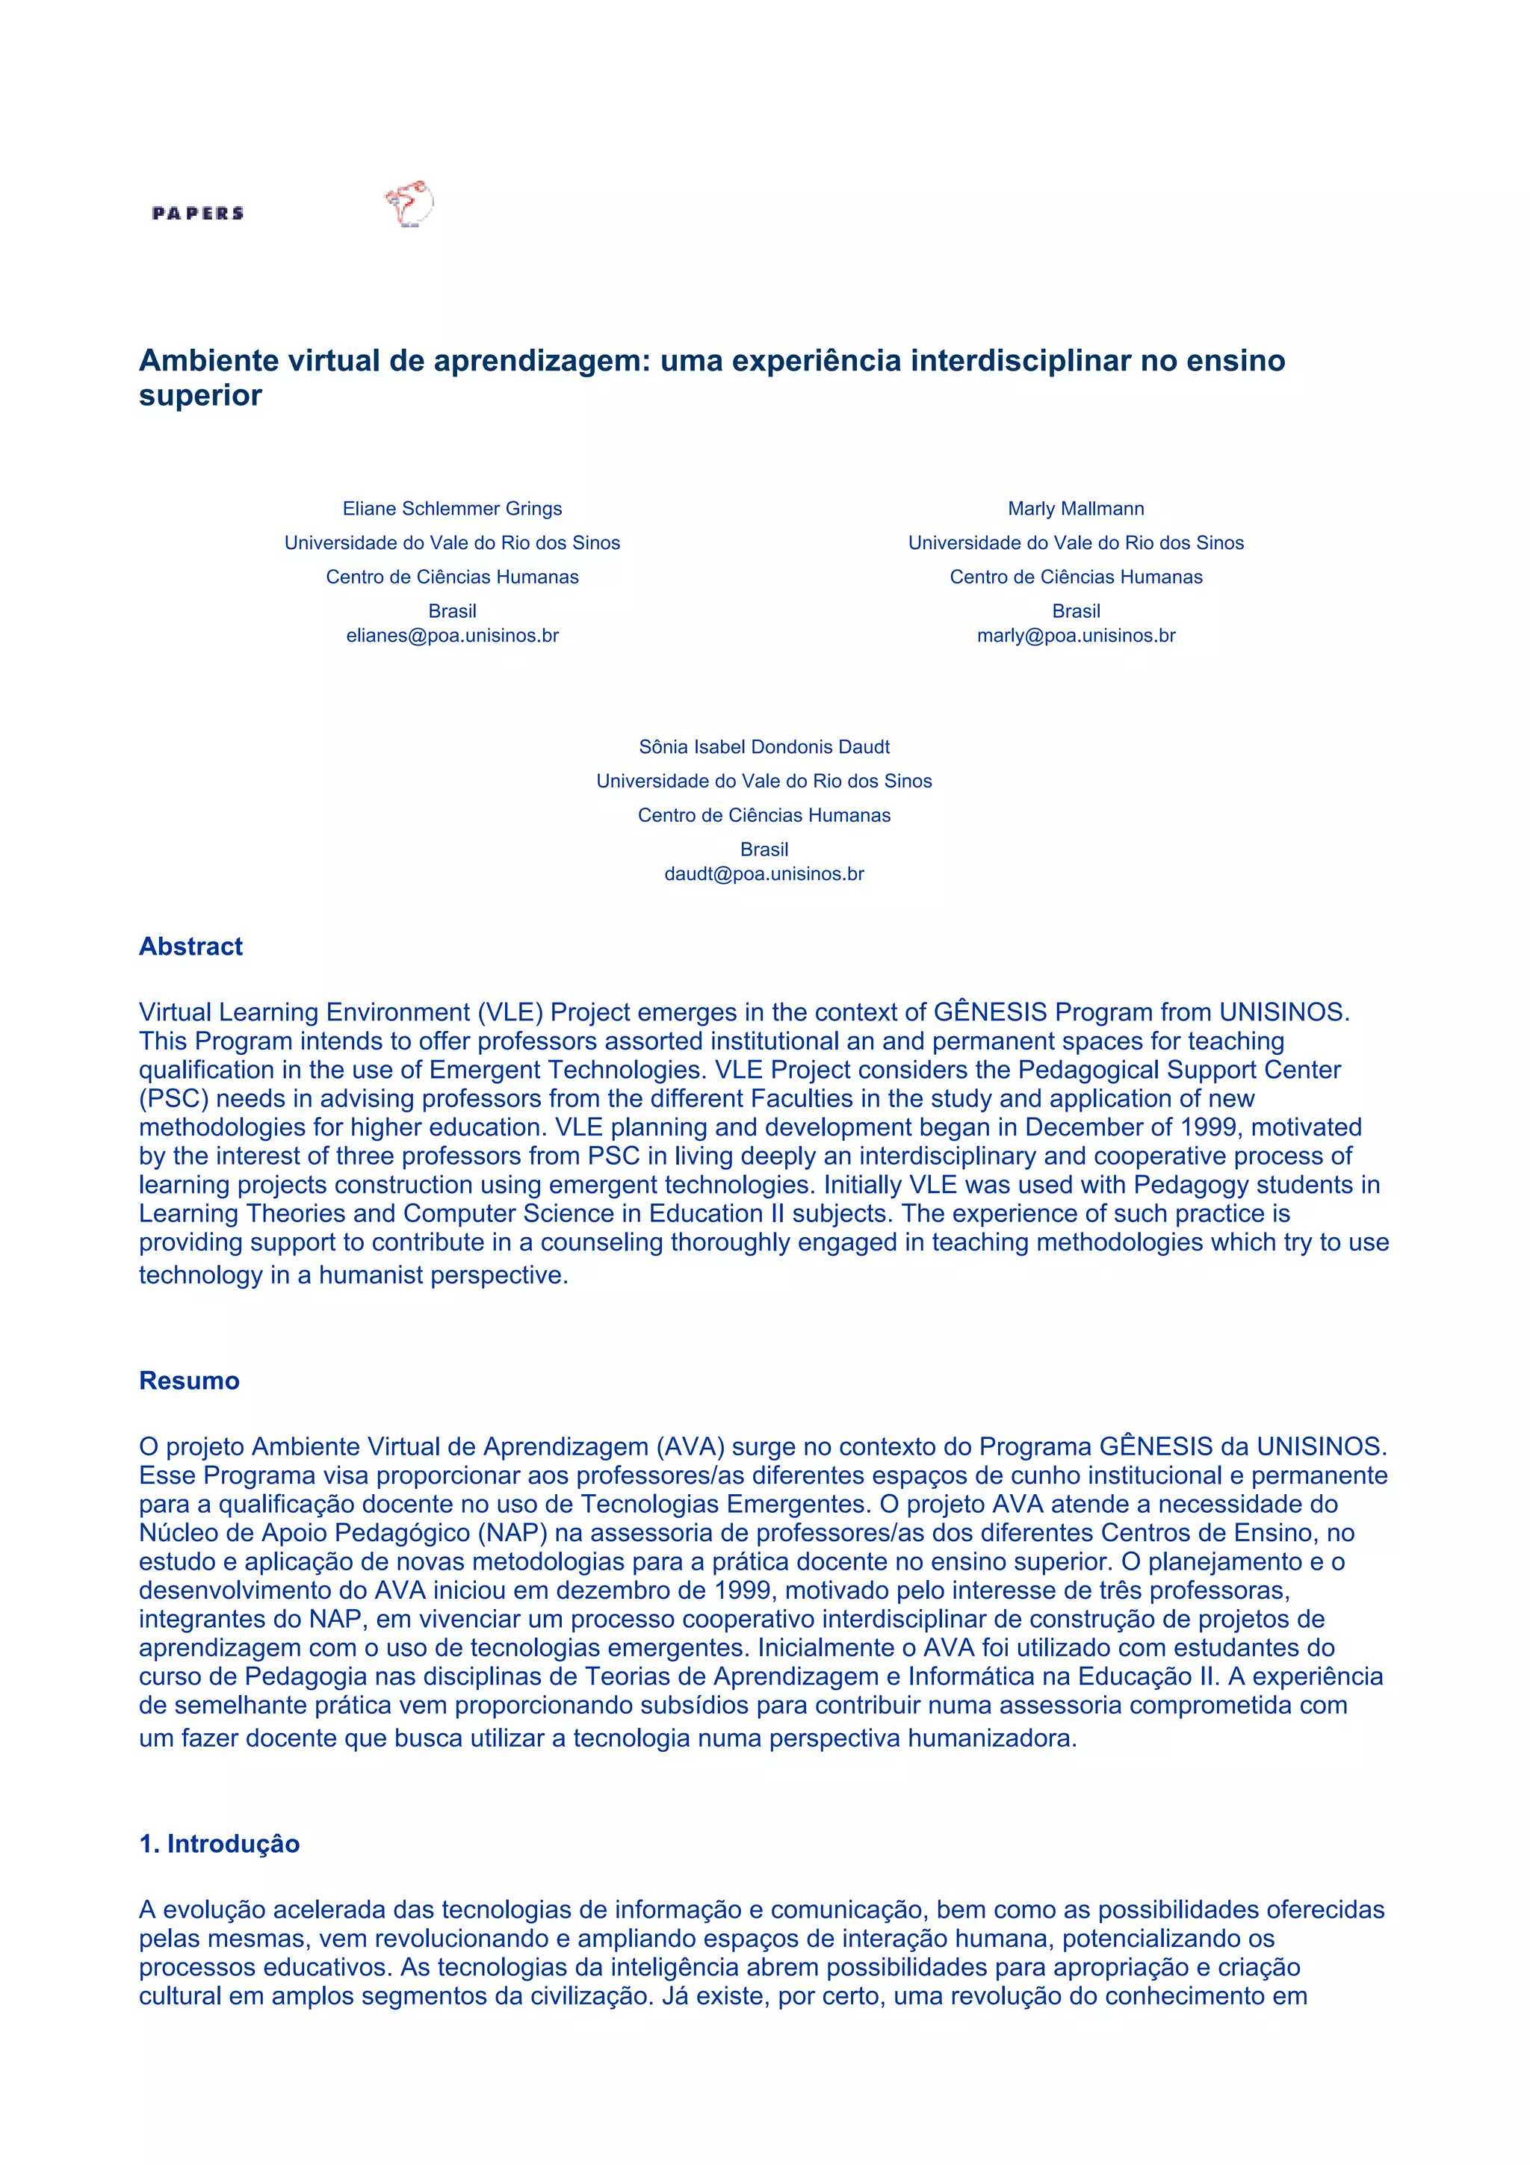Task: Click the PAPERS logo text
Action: click(198, 213)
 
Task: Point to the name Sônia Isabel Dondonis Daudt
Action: click(764, 747)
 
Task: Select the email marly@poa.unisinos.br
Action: click(1076, 636)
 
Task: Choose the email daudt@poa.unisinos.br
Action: click(764, 874)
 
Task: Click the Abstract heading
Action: click(191, 947)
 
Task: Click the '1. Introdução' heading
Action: click(219, 1844)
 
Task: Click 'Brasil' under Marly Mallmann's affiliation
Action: click(1076, 611)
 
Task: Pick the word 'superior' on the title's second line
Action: click(200, 395)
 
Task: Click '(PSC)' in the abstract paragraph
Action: click(173, 1098)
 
